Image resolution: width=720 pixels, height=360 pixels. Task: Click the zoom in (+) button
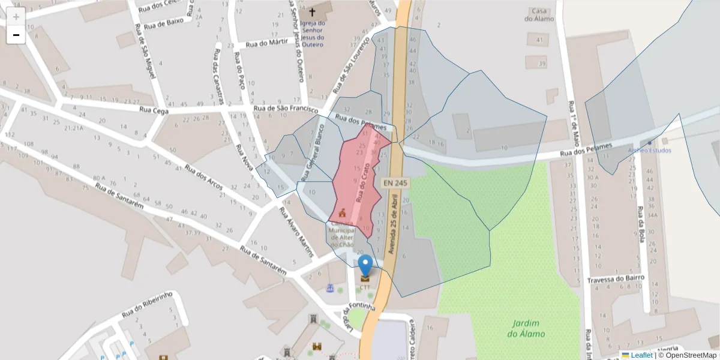[x=16, y=17]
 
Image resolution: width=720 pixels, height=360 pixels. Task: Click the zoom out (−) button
[x=16, y=35]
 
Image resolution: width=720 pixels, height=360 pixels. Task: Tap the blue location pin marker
[x=365, y=266]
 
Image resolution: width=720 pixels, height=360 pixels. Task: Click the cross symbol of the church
[x=312, y=11]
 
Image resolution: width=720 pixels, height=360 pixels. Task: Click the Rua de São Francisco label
[x=285, y=109]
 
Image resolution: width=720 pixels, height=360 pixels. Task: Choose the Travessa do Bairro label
[x=616, y=278]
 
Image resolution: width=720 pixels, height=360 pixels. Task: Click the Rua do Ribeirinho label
[x=147, y=304]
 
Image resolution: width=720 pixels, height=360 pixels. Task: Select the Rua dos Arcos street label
[x=203, y=178]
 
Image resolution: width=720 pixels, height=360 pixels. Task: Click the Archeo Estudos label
[x=649, y=150]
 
